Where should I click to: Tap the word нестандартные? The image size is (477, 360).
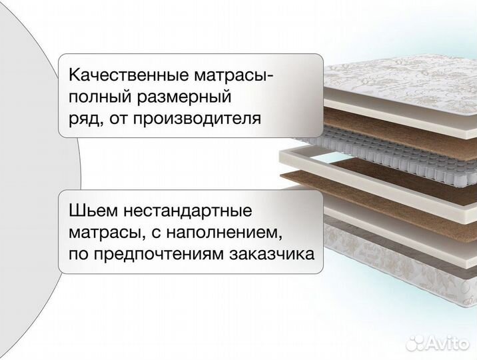(x=187, y=211)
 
